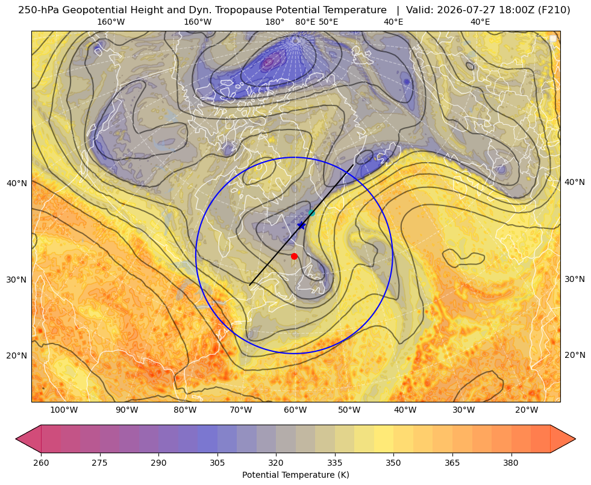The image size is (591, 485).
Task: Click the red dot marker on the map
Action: [x=295, y=256]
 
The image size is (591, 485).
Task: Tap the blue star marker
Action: [x=302, y=225]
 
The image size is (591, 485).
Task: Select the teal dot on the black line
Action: [x=311, y=213]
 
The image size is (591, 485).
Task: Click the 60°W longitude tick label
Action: [x=295, y=410]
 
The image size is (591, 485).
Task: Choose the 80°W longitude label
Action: [x=184, y=410]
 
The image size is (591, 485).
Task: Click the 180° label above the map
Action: [x=275, y=22]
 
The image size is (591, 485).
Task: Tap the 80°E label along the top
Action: [x=305, y=22]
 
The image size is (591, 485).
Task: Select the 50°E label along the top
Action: [x=328, y=22]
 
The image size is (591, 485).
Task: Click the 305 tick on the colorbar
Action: [x=217, y=463]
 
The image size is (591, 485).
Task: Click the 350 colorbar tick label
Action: [x=393, y=463]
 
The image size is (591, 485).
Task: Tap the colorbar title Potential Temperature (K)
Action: [x=295, y=475]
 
